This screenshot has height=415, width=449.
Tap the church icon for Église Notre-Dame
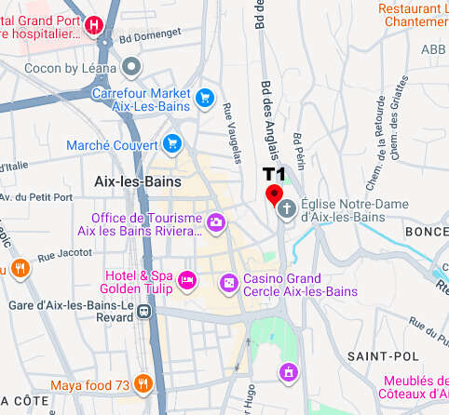coord(288,209)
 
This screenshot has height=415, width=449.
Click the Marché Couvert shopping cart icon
coord(171,143)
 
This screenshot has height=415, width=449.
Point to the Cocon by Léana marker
coord(131,65)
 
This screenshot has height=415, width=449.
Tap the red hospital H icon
coord(93,27)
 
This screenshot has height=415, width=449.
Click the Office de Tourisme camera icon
coord(216,221)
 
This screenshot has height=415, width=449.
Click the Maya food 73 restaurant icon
coord(143,382)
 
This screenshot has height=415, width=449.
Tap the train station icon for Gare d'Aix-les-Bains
coord(143,312)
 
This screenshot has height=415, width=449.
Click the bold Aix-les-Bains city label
coord(138,181)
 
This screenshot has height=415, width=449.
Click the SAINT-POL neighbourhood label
coord(373,356)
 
